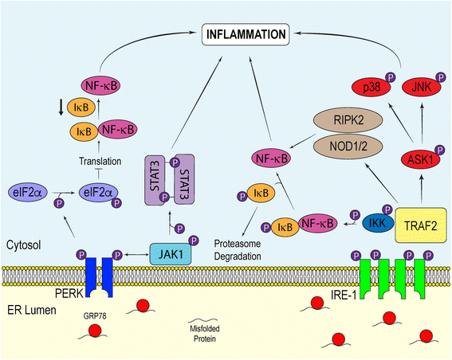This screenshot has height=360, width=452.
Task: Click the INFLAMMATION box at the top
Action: [246, 34]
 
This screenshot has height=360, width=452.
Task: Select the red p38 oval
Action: [371, 87]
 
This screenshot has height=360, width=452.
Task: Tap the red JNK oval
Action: [422, 87]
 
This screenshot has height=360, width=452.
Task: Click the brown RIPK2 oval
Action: [348, 120]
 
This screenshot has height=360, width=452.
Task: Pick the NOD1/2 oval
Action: [348, 147]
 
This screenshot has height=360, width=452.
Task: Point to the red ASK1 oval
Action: [421, 159]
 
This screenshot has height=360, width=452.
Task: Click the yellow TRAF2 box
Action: [421, 225]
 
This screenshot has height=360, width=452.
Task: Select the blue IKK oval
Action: [377, 222]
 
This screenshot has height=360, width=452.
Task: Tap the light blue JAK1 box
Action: [171, 254]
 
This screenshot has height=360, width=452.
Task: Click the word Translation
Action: [100, 161]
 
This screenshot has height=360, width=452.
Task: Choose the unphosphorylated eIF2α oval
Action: [26, 192]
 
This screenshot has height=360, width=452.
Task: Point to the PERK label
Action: [69, 293]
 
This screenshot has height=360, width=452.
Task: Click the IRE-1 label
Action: [344, 295]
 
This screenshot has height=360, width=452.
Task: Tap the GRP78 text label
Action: [95, 316]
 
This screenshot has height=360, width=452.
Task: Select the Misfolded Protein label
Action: [205, 334]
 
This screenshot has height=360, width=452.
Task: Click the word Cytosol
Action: [24, 245]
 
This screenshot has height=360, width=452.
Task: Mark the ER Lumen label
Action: [32, 310]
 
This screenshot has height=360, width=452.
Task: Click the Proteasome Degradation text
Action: [238, 250]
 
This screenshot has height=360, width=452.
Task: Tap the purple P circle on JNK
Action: [441, 77]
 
